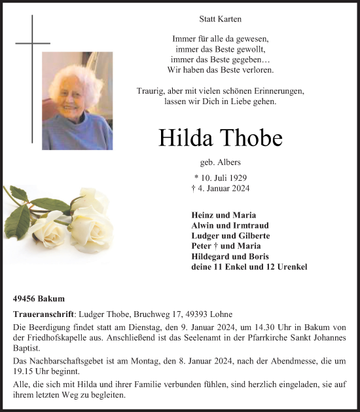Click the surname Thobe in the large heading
[251, 138]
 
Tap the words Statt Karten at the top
[220, 20]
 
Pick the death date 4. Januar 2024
[220, 189]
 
